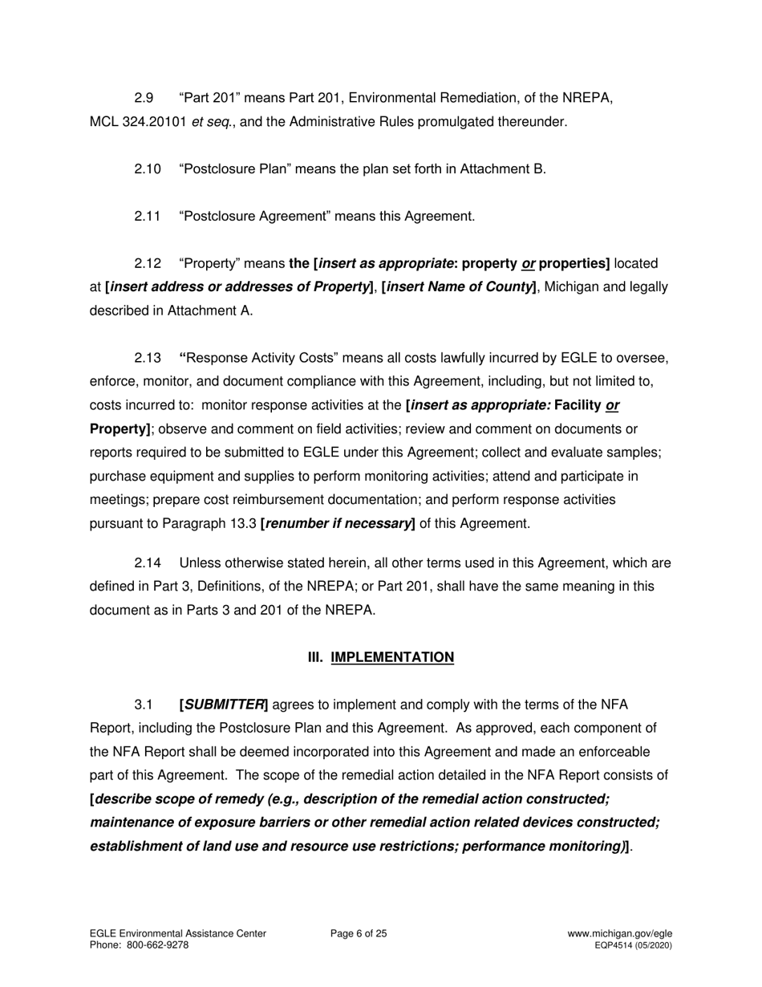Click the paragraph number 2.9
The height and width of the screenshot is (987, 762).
coord(144,99)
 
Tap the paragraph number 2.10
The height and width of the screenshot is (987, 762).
coord(148,169)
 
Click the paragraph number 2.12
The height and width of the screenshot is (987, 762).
coord(148,264)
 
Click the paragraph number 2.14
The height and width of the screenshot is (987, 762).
coord(148,563)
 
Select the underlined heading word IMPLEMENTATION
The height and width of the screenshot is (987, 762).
coord(392,658)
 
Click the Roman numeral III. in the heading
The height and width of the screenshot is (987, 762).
coord(316,658)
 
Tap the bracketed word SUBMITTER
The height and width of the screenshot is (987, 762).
coord(225,705)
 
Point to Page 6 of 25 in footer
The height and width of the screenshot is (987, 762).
coord(359,934)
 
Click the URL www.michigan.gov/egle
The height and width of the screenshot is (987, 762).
coord(619,934)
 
